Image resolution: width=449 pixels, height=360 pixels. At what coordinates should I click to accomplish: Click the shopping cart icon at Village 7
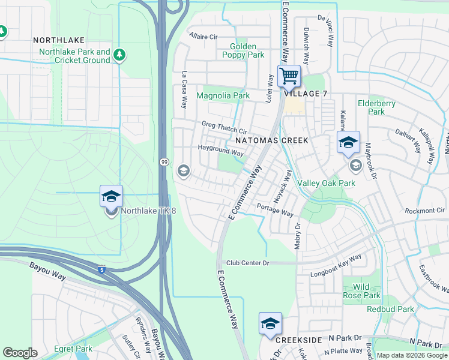point(289,76)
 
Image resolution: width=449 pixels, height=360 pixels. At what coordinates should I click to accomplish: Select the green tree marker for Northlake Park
point(120,55)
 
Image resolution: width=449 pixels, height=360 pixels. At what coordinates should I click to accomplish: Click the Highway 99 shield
point(164,162)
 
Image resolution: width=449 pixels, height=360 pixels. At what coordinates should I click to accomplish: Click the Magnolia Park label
point(223,95)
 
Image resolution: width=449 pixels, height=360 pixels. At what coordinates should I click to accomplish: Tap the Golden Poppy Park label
point(247,50)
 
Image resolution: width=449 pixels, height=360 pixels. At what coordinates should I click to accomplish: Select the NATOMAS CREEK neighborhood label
point(271,140)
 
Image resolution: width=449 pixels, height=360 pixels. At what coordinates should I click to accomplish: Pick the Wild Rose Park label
point(361,291)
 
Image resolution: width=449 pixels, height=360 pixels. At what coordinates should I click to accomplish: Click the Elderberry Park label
point(376,107)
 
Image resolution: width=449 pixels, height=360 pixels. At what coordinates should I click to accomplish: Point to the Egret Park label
point(73,349)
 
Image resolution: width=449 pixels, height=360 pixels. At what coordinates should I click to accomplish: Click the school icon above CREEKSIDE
point(270,323)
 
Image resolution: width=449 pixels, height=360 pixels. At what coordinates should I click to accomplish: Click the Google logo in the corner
point(20,353)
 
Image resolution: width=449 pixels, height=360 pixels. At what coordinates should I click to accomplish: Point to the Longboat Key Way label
point(336,266)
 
